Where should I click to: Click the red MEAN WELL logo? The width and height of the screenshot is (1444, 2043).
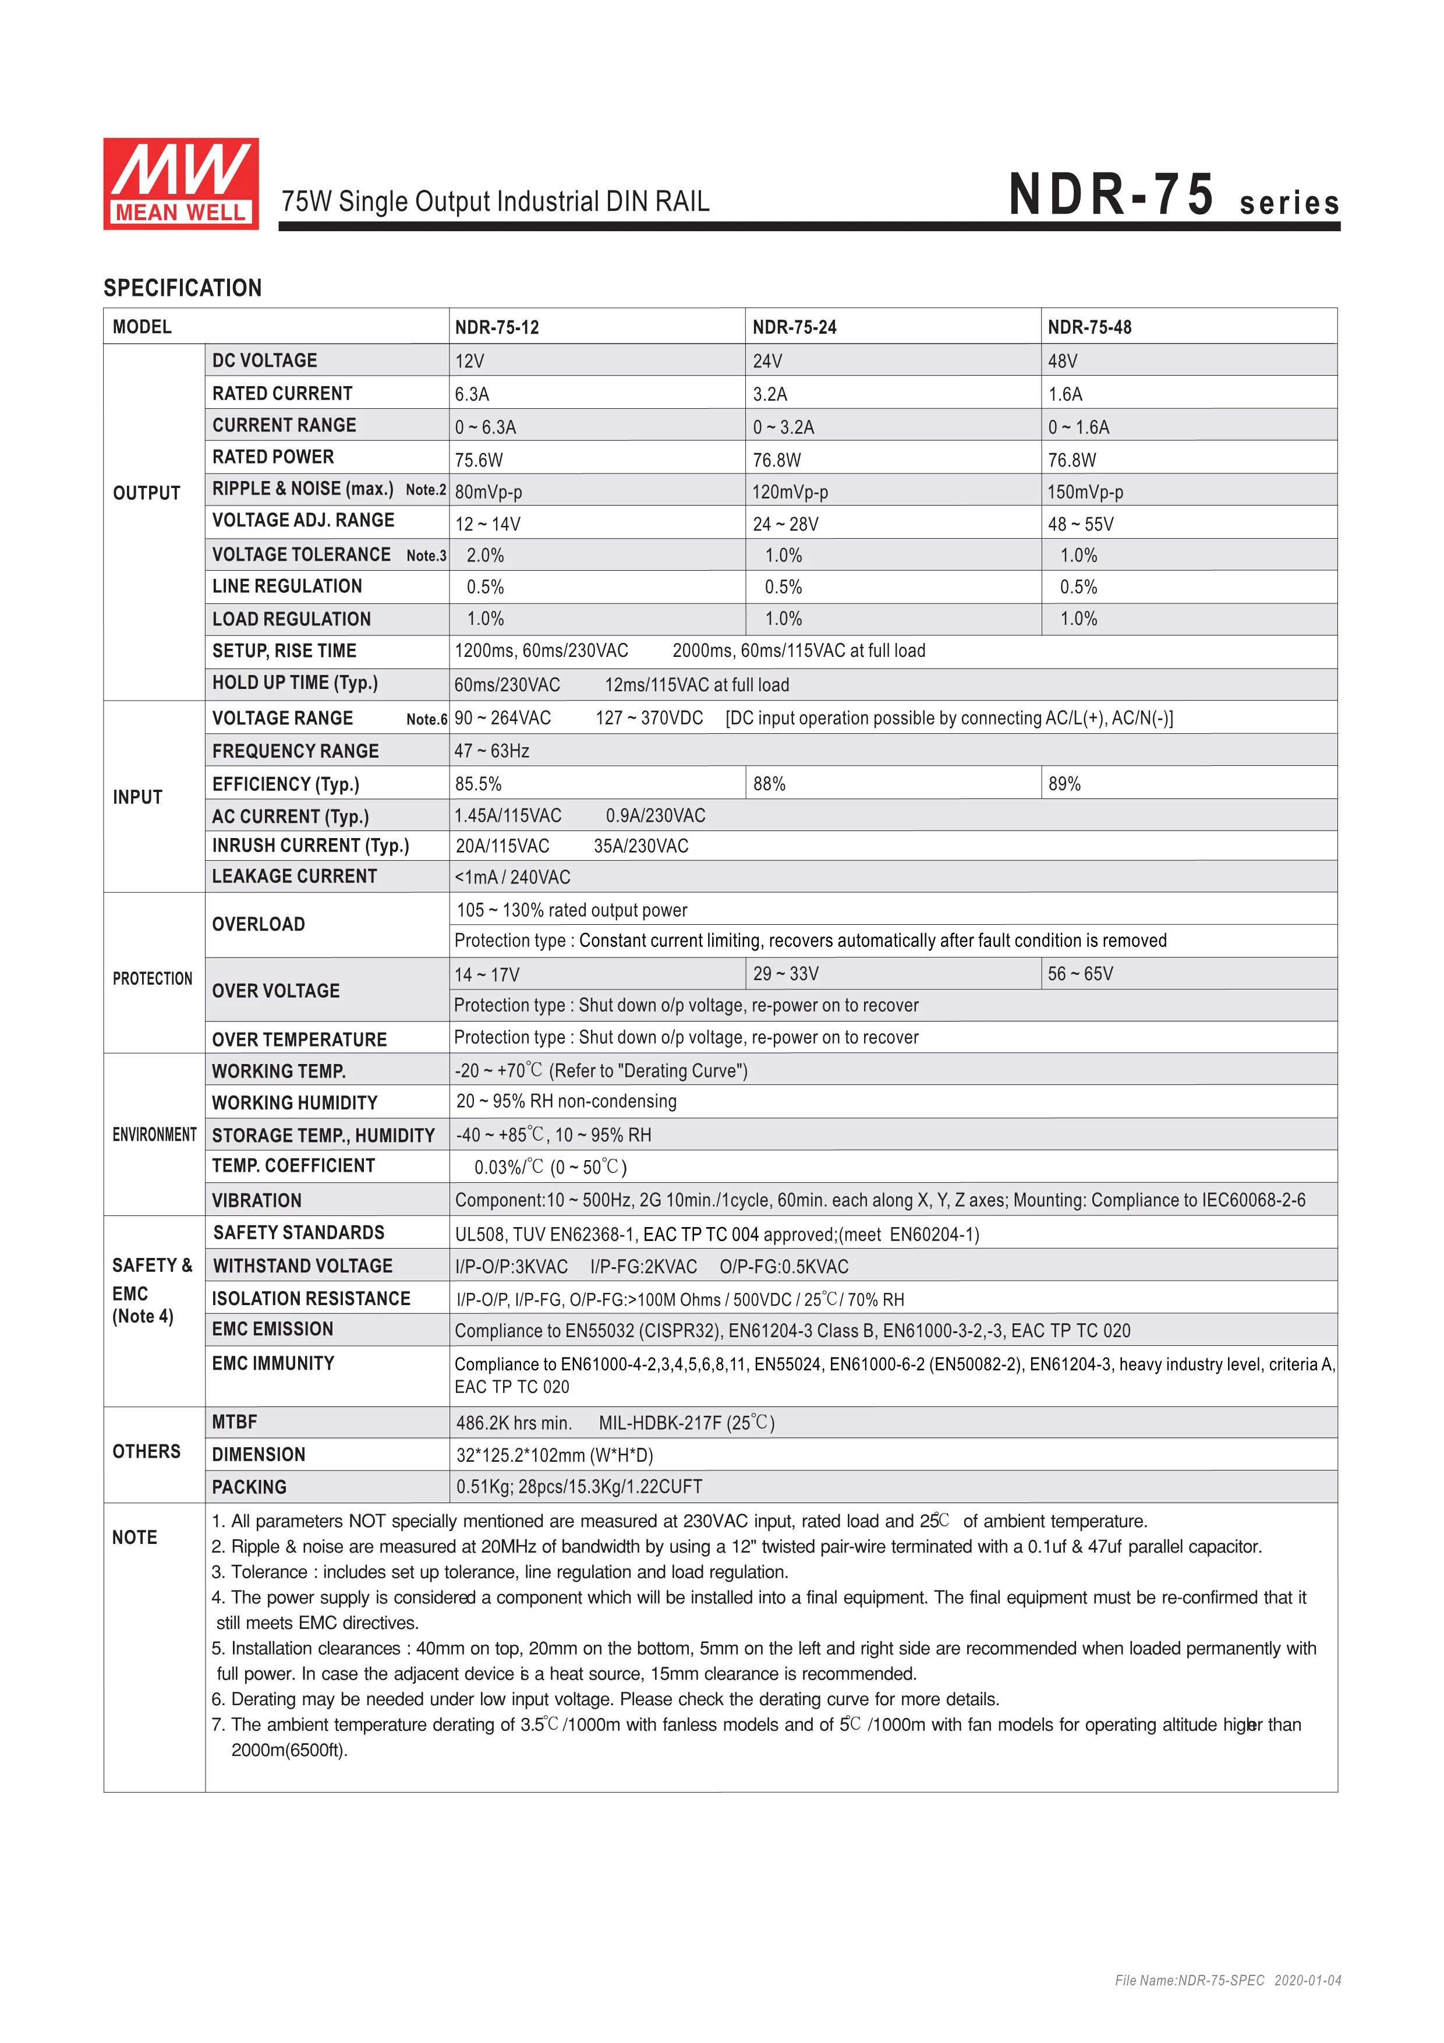click(x=180, y=183)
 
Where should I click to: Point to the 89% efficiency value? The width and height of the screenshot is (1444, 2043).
click(x=1064, y=784)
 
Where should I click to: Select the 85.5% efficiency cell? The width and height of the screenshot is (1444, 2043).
click(x=478, y=784)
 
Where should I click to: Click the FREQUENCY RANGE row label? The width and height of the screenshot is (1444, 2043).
click(x=295, y=751)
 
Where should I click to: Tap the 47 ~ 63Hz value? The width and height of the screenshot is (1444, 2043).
click(x=492, y=751)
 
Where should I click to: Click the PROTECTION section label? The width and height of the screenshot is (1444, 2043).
click(x=152, y=979)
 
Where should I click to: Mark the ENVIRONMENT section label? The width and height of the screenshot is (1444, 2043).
click(x=154, y=1134)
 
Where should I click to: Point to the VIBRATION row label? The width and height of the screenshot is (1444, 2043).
click(x=256, y=1200)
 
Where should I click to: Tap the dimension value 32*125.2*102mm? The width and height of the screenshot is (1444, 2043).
click(x=554, y=1455)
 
